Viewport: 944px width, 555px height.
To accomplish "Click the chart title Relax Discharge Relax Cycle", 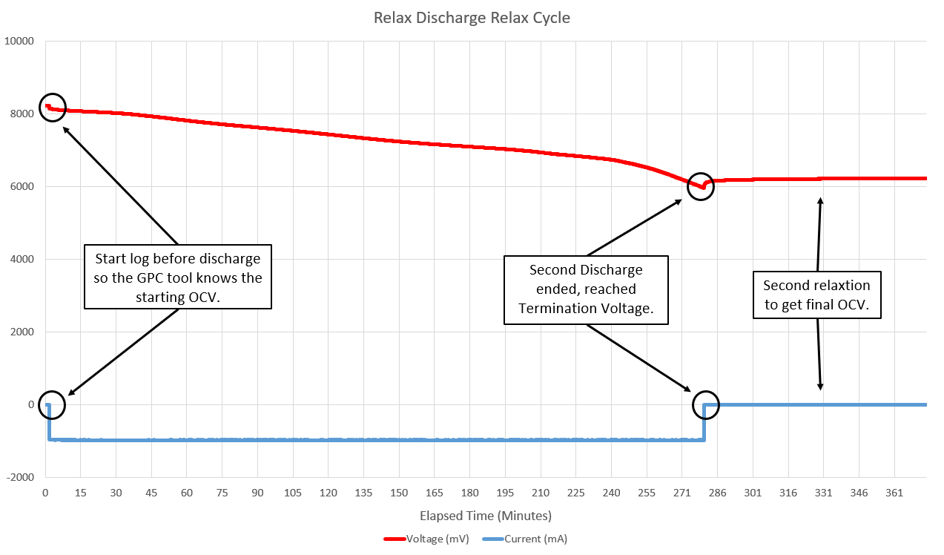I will [x=472, y=18].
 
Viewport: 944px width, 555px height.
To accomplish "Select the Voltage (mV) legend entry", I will [x=426, y=539].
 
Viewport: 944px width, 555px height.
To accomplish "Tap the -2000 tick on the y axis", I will [x=22, y=478].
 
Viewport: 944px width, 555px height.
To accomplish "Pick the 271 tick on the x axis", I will [x=681, y=493].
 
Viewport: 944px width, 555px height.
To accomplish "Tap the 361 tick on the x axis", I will [x=894, y=493].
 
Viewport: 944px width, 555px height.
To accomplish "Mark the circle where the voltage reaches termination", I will [x=701, y=186].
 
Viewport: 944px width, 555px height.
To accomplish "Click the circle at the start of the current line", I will [x=52, y=404].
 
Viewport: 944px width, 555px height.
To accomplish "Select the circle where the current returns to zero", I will [x=706, y=404].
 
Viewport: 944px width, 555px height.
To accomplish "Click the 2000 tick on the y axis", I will [x=22, y=332].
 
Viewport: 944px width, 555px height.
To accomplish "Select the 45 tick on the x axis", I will [x=151, y=493].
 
